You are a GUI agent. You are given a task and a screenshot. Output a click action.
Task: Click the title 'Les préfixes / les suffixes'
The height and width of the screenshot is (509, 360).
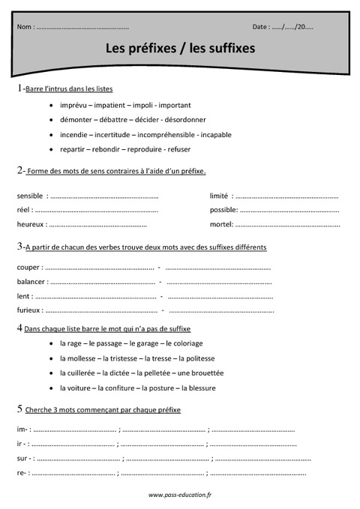180,49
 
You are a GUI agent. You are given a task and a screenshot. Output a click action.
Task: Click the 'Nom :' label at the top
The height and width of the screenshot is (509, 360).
25,27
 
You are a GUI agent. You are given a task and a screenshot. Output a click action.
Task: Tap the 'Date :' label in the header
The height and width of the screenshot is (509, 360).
261,27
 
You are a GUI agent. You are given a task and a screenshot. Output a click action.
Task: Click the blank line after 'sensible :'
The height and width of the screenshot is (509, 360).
105,196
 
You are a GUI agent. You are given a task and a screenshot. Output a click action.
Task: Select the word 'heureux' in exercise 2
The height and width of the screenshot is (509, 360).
29,224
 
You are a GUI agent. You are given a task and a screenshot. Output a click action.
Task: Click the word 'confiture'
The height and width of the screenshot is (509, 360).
118,388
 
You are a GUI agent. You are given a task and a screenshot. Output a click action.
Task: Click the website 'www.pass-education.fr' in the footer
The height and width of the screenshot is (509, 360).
180,496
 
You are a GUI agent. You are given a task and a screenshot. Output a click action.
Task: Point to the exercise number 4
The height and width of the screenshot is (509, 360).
19,328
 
